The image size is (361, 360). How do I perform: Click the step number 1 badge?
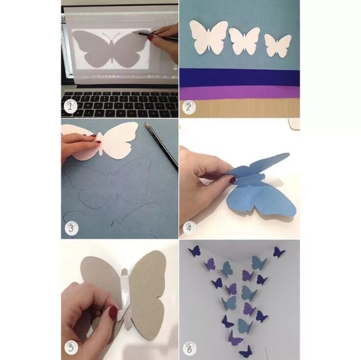click(x=70, y=106)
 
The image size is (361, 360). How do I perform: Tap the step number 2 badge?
click(x=189, y=107)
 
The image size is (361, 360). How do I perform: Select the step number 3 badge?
click(x=71, y=228)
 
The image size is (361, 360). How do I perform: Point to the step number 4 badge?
click(x=190, y=228)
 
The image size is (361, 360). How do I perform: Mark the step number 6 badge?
click(x=190, y=349)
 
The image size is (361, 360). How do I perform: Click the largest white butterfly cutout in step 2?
click(x=208, y=37)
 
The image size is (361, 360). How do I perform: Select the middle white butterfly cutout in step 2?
click(x=245, y=41)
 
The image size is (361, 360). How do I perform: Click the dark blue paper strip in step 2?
click(x=240, y=77)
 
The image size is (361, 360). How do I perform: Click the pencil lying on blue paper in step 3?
click(x=162, y=147)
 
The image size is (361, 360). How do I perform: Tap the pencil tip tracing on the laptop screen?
click(x=134, y=32)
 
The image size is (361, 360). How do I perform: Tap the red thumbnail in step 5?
click(x=113, y=313)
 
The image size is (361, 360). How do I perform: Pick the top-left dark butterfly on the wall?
click(x=194, y=251)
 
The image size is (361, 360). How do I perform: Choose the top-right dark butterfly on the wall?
click(x=279, y=252)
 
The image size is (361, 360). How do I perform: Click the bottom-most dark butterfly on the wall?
click(x=246, y=352)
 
